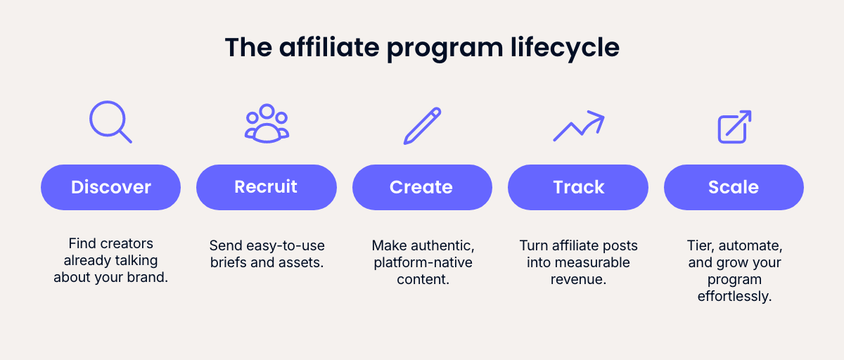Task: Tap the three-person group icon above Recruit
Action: pyautogui.click(x=267, y=123)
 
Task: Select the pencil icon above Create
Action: pyautogui.click(x=422, y=125)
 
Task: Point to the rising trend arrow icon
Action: pyautogui.click(x=578, y=125)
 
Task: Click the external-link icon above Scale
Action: pyautogui.click(x=734, y=127)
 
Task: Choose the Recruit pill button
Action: pyautogui.click(x=266, y=187)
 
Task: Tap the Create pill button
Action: pyautogui.click(x=422, y=187)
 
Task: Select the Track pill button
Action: pyautogui.click(x=578, y=187)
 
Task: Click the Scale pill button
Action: pyautogui.click(x=734, y=187)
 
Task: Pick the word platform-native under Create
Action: pyautogui.click(x=422, y=262)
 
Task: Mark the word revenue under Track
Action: pyautogui.click(x=578, y=279)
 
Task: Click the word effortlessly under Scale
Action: pyautogui.click(x=734, y=296)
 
